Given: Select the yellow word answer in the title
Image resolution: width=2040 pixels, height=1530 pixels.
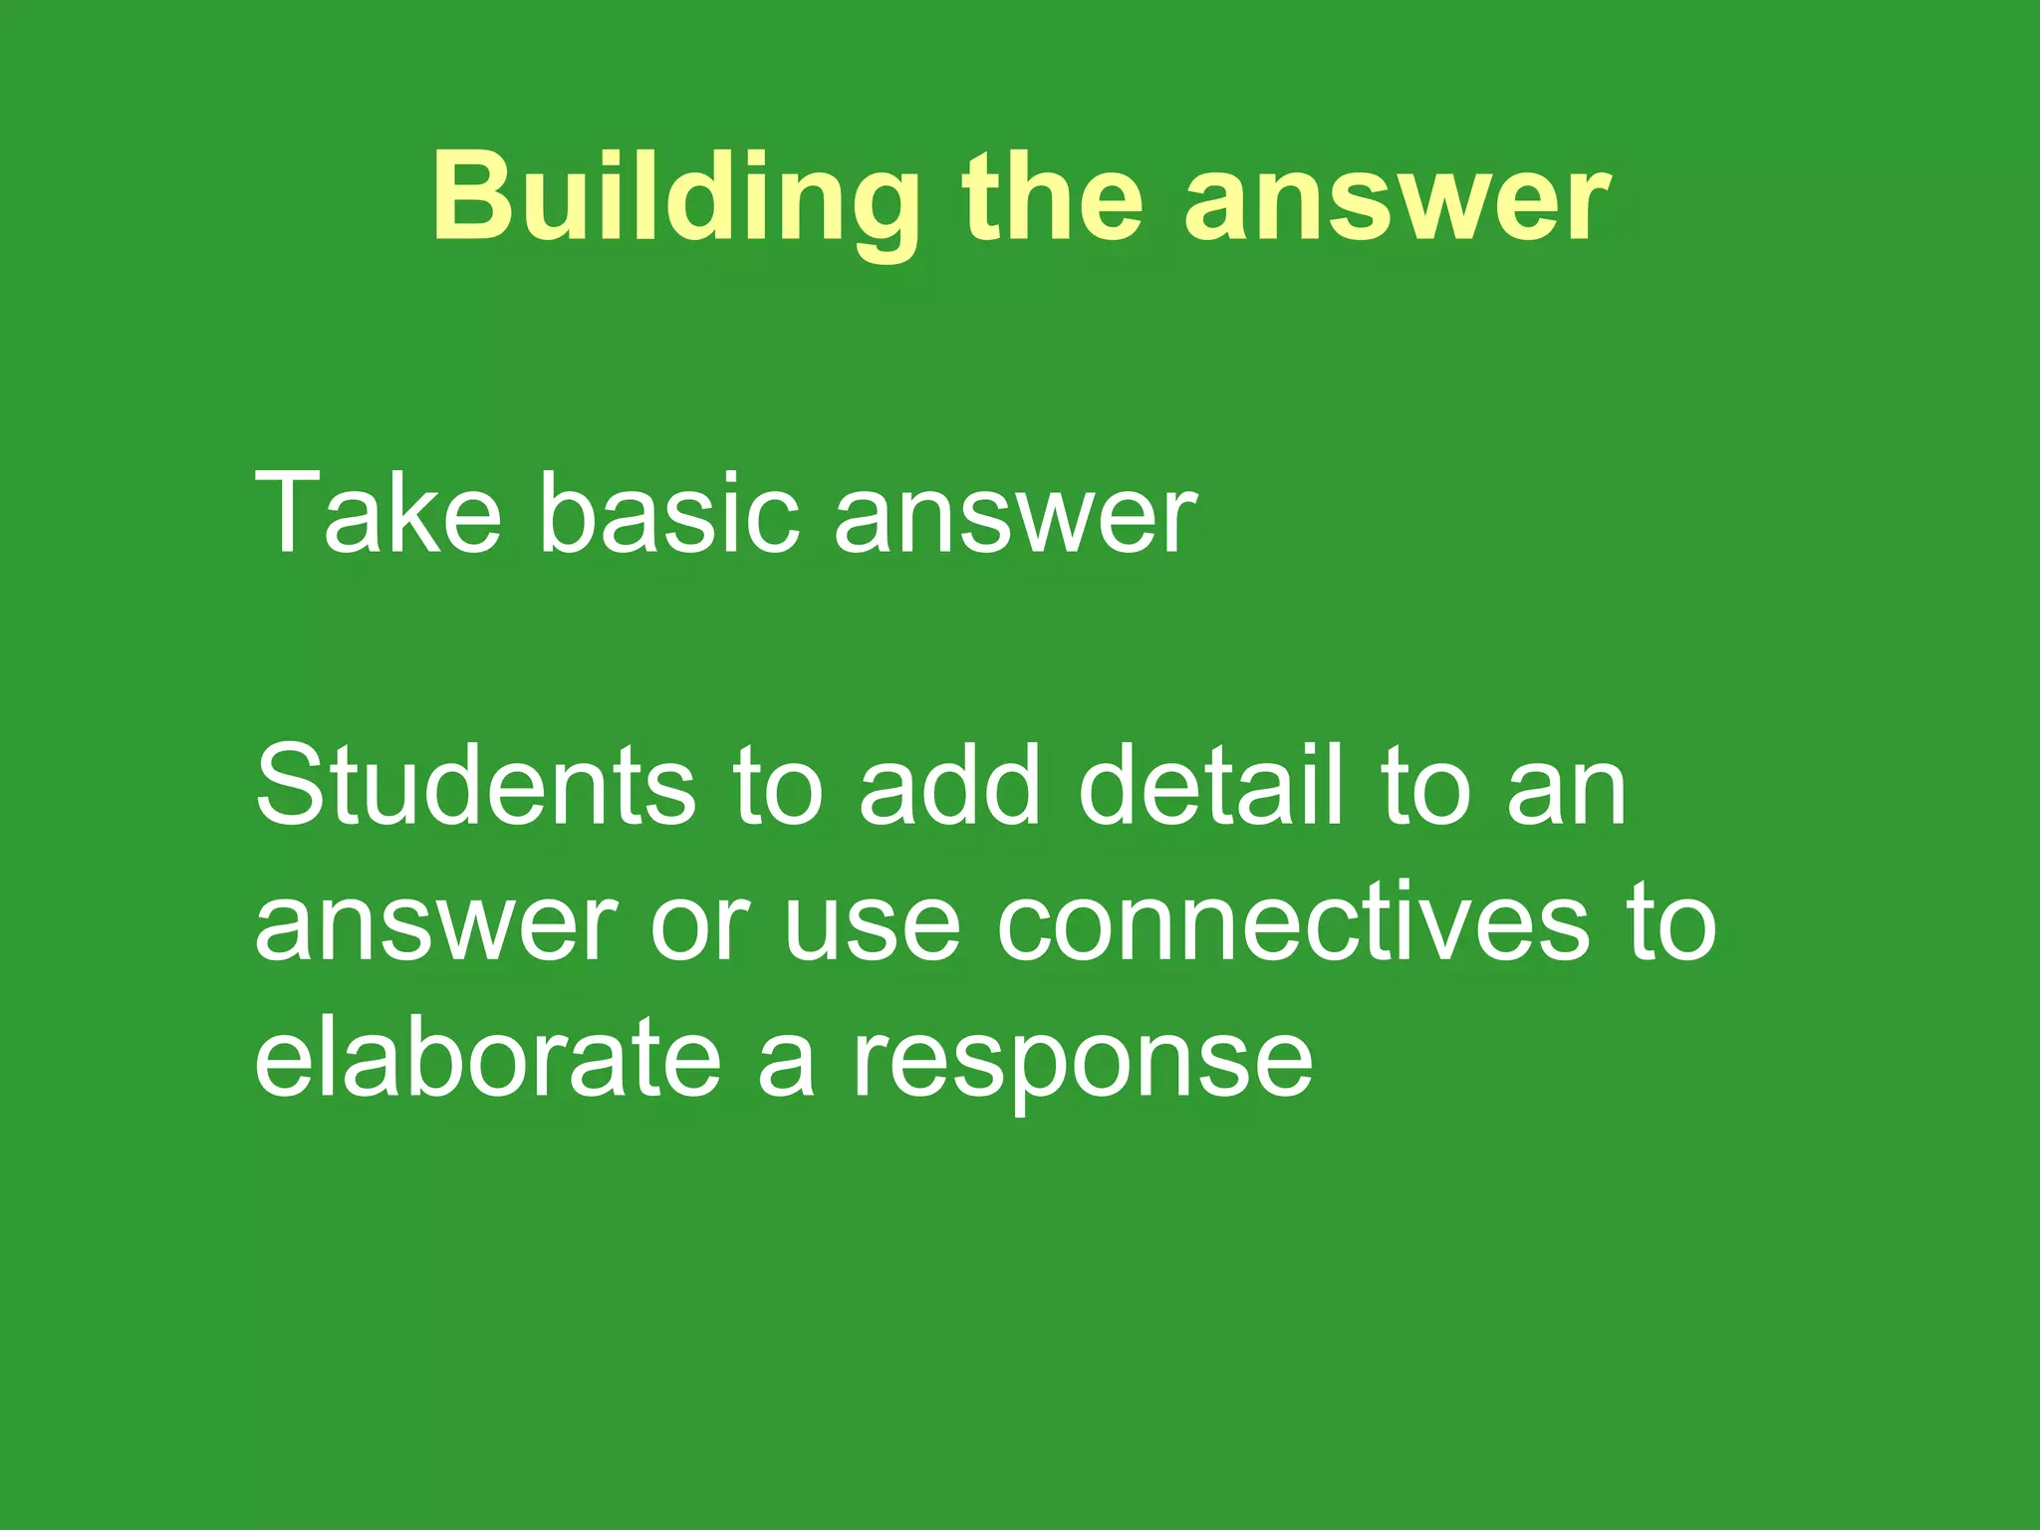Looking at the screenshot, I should coord(1396,204).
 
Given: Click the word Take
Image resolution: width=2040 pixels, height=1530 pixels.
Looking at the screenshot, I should coord(378,513).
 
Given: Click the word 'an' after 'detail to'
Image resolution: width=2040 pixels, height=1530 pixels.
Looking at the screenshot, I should coord(1566,797).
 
